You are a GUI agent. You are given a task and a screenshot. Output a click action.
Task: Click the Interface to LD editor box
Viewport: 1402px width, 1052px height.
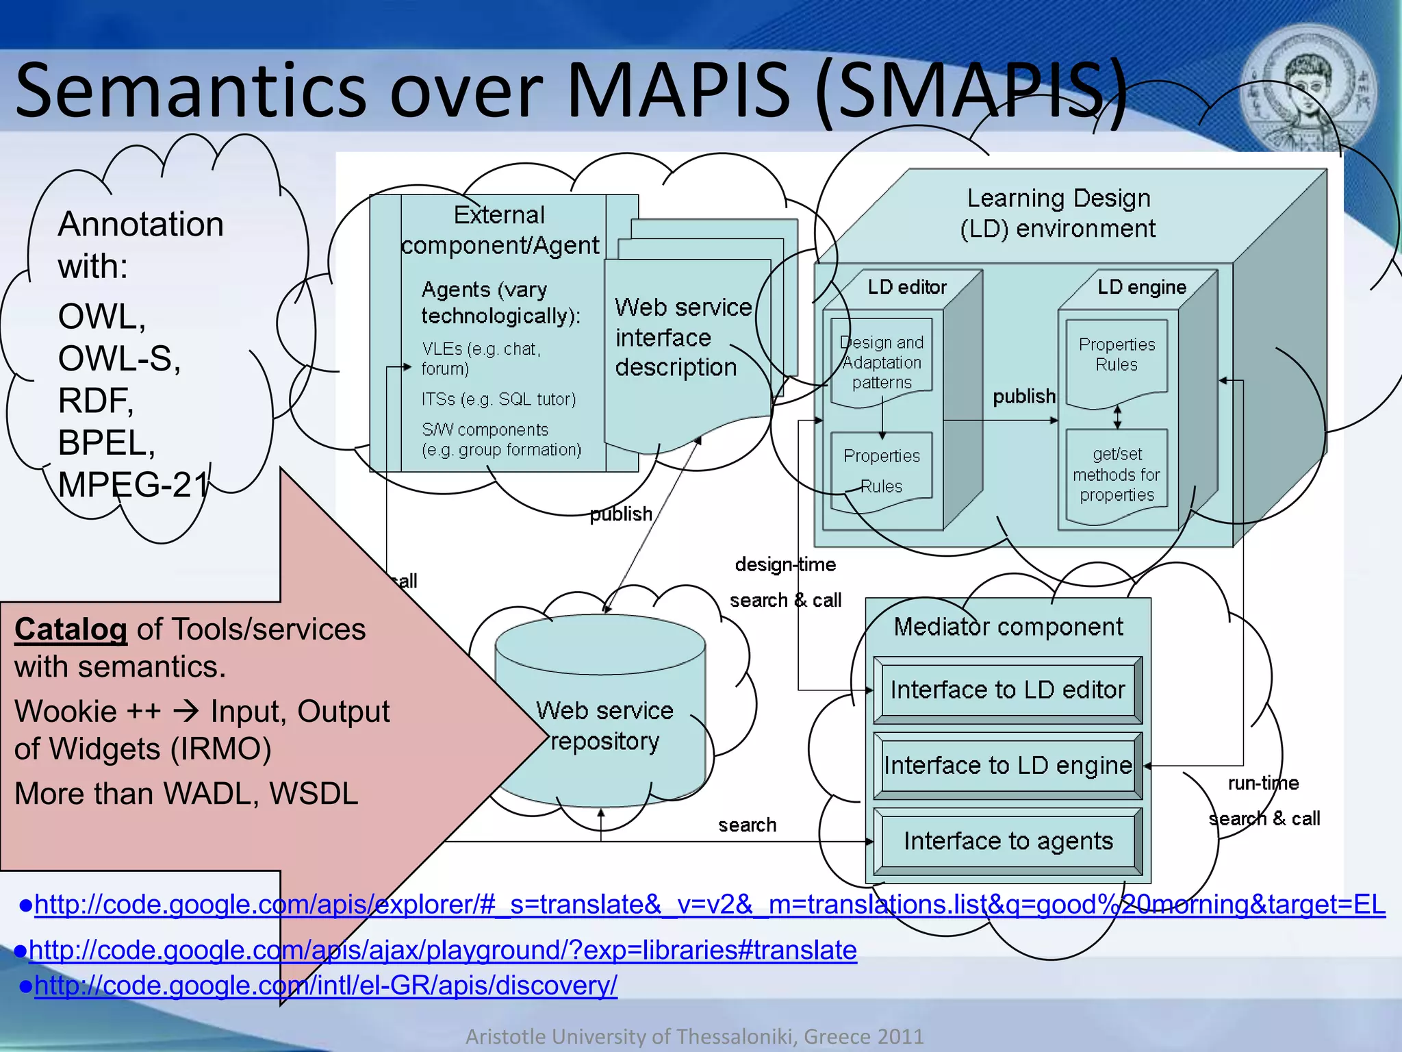tap(1008, 690)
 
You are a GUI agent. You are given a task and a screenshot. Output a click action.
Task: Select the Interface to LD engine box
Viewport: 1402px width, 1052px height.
tap(1008, 765)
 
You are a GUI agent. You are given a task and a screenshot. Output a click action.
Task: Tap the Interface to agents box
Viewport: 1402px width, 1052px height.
tap(1008, 841)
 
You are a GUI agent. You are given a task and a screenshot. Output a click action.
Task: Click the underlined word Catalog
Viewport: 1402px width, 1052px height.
tap(71, 629)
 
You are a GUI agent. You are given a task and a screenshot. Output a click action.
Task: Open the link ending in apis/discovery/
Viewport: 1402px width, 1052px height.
tap(325, 985)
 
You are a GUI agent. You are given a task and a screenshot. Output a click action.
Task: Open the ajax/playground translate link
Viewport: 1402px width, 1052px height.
tap(442, 950)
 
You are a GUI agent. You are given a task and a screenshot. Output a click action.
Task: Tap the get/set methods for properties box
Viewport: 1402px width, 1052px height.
tap(1117, 475)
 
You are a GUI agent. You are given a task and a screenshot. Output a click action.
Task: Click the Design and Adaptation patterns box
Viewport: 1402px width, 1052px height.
tap(882, 362)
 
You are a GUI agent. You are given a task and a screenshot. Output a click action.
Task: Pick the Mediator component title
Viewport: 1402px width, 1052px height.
tap(1008, 627)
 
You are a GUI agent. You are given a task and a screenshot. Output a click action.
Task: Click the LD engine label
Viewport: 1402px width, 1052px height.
tap(1141, 287)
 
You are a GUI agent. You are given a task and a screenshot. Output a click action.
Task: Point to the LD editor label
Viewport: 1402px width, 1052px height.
tap(907, 287)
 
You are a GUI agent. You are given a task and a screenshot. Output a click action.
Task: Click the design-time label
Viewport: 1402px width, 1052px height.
tap(785, 564)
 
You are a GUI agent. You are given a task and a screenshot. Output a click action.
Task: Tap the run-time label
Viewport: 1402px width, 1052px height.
tap(1263, 783)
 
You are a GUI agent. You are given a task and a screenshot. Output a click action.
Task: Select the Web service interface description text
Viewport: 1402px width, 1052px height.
tap(683, 337)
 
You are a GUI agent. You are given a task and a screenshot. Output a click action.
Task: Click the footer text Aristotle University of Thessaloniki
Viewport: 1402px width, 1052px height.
tap(630, 1036)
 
